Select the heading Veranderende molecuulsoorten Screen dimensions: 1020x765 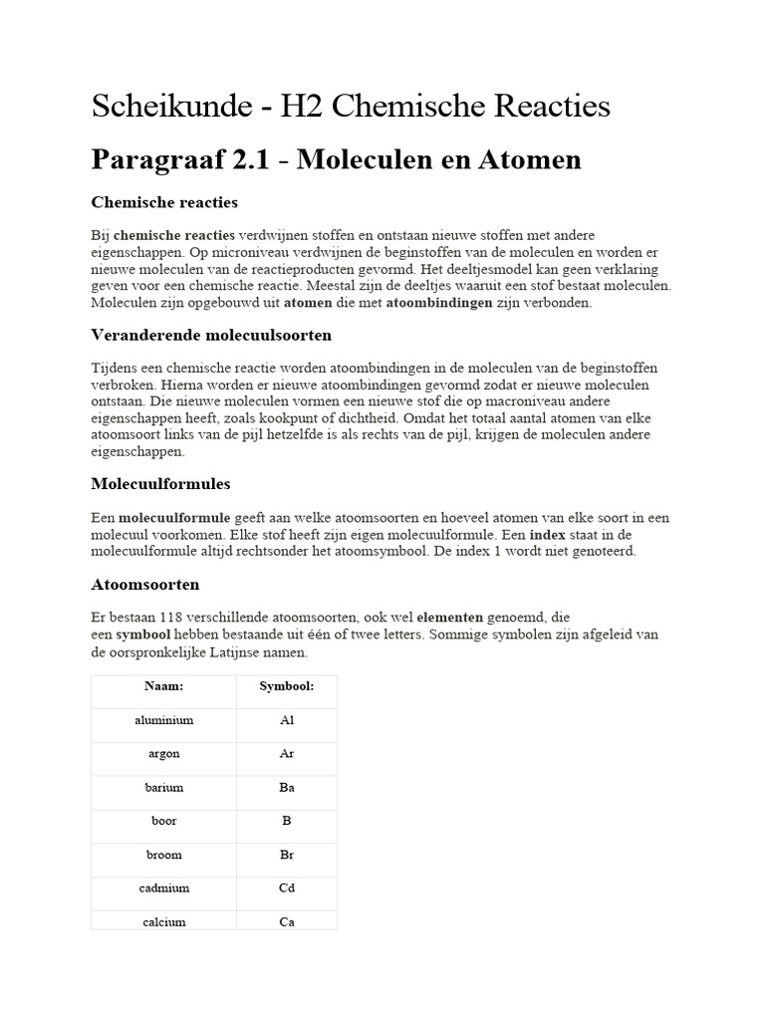211,334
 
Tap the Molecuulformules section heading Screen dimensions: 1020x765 160,484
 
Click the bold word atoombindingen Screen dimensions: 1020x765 439,303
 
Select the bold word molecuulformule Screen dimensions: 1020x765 175,518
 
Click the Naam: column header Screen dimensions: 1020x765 163,687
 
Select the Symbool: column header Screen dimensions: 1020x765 287,687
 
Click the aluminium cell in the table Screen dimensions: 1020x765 163,720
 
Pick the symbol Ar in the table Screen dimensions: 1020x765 287,754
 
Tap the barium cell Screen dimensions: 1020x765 163,788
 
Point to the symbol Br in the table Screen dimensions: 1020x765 287,855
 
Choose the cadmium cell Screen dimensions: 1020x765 163,889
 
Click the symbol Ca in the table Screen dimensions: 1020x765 287,922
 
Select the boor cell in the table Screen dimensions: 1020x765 163,822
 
